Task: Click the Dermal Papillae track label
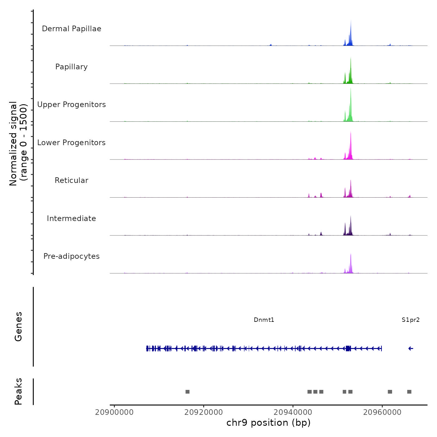(x=71, y=29)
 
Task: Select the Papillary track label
(x=71, y=67)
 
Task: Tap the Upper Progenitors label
(x=71, y=105)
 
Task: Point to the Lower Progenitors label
(x=71, y=143)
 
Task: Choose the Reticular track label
(x=71, y=180)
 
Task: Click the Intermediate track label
(x=71, y=219)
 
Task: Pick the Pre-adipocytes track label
(x=71, y=256)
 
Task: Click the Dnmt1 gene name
(x=264, y=320)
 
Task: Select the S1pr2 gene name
(x=410, y=320)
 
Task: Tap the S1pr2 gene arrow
(x=411, y=349)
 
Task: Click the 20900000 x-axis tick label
(x=114, y=412)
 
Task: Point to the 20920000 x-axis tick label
(x=204, y=412)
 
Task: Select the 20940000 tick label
(x=293, y=412)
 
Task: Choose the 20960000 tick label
(x=382, y=412)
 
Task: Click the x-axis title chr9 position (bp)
(x=268, y=423)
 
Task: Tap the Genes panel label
(x=18, y=327)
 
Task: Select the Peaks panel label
(x=18, y=391)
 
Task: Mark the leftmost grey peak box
(x=187, y=392)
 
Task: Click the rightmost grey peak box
(x=409, y=392)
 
